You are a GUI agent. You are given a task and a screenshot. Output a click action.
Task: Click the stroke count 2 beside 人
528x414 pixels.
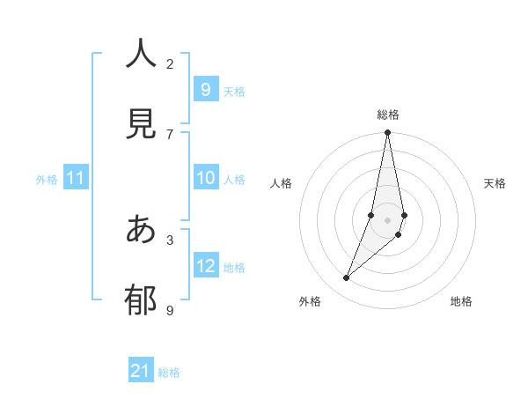pos(170,63)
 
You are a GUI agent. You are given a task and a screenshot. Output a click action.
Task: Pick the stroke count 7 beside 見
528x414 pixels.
pos(170,134)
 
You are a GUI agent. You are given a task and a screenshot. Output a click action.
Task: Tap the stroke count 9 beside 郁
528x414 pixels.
pos(170,310)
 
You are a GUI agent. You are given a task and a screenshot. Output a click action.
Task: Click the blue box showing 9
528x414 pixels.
pos(205,90)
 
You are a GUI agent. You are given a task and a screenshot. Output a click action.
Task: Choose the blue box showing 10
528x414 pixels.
pos(205,178)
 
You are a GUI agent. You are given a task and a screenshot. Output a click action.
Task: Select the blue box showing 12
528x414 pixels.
pos(205,266)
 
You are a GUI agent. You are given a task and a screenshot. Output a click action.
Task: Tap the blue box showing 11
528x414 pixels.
pos(76,178)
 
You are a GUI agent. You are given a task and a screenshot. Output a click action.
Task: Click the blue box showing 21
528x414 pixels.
pos(141,371)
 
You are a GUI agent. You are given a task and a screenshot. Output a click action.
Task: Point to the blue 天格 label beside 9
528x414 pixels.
pos(234,92)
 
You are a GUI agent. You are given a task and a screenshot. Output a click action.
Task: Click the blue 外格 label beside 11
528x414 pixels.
pos(47,180)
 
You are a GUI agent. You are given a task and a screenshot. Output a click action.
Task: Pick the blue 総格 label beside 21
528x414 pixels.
pos(169,373)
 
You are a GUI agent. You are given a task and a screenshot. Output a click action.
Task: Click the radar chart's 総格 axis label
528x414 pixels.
pos(388,115)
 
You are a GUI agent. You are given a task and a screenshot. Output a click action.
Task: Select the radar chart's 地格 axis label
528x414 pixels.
pos(461,301)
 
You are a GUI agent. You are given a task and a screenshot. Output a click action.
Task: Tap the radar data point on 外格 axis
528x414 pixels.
pos(347,278)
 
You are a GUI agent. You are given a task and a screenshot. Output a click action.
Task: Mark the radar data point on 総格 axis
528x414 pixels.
pos(387,133)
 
